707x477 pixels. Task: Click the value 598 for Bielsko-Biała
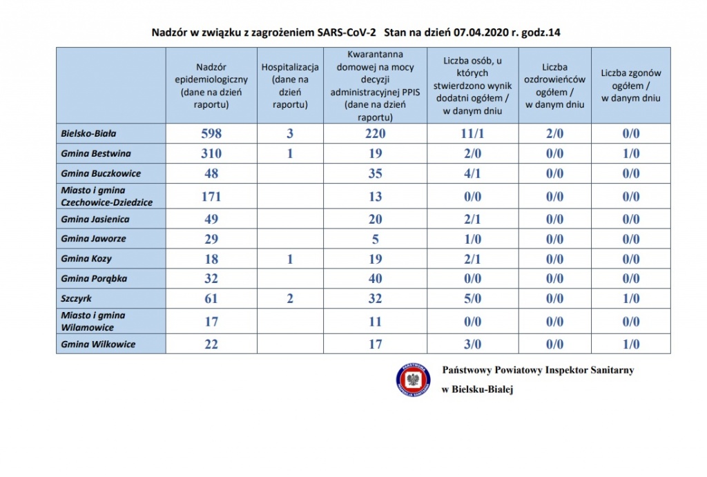click(x=211, y=133)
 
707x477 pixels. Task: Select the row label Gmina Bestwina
click(x=96, y=153)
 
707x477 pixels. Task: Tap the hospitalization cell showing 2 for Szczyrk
click(x=290, y=298)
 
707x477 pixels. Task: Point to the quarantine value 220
click(x=375, y=133)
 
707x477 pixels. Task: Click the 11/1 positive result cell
click(x=472, y=133)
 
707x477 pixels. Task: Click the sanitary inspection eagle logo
click(x=413, y=380)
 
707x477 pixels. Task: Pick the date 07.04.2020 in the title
click(x=481, y=32)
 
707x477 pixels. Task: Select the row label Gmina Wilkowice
click(x=98, y=344)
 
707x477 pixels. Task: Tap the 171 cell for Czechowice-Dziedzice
click(x=211, y=197)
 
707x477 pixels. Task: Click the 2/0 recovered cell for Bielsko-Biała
click(x=554, y=133)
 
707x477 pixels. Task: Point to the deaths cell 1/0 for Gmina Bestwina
click(x=631, y=153)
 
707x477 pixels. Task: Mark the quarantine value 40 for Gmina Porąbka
click(x=375, y=279)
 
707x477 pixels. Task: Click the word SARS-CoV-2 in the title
click(x=347, y=32)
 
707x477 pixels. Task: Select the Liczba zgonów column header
click(x=631, y=86)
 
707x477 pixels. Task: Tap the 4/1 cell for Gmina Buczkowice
click(x=472, y=173)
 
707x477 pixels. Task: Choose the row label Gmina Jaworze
click(x=94, y=239)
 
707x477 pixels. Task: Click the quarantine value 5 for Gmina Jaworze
click(x=375, y=239)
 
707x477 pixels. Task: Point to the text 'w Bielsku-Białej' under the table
click(x=478, y=389)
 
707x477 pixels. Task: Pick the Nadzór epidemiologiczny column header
click(x=211, y=86)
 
